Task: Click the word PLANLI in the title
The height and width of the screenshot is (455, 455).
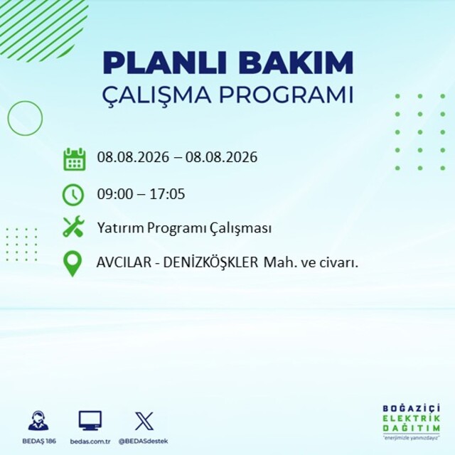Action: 164,63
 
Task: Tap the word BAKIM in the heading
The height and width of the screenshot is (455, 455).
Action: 296,63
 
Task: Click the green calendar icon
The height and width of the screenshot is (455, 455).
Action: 74,159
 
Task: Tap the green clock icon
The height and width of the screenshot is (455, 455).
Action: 73,195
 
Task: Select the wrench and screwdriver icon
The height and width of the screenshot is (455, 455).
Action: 73,226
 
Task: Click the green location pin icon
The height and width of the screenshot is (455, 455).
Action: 73,264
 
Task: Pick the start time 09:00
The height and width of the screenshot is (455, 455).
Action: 115,194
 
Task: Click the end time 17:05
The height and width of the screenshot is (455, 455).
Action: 168,194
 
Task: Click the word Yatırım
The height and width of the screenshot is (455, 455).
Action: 121,227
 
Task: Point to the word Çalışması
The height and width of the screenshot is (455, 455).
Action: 241,228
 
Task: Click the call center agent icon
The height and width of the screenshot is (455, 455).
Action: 38,420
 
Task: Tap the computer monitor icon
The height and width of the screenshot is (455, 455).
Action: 90,420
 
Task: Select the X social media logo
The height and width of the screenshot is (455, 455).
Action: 144,421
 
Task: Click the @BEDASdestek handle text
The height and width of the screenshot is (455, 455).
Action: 143,441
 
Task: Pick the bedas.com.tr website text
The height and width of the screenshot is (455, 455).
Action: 90,441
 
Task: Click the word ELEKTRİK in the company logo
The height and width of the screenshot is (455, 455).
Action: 411,419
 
